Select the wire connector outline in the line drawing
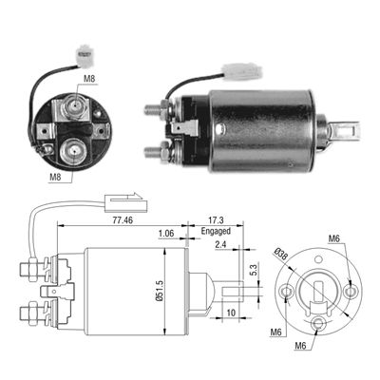pos(115,200)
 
